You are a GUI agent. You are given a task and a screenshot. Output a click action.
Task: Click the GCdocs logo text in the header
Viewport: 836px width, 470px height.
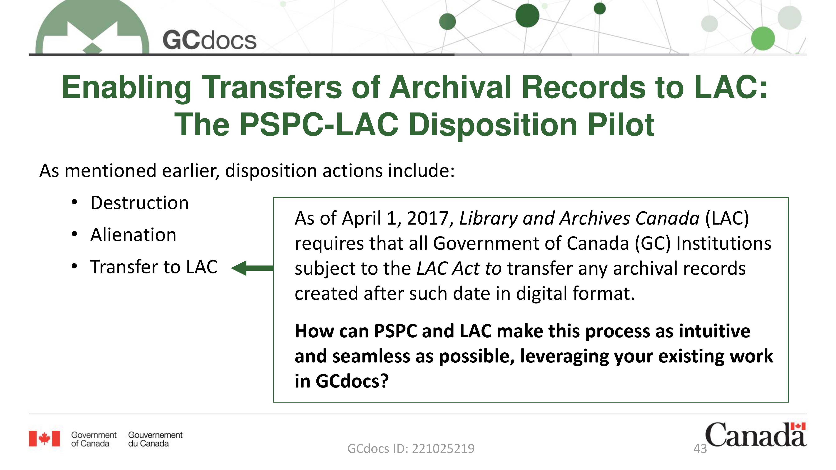point(209,41)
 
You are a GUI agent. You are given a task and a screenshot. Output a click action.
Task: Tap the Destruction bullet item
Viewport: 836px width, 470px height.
point(139,203)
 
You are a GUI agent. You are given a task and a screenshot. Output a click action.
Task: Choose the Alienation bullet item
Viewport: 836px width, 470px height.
point(133,235)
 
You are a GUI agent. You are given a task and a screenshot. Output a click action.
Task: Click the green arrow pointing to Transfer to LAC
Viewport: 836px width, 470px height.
point(252,268)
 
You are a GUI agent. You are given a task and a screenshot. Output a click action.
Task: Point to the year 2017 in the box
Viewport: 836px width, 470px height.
point(428,218)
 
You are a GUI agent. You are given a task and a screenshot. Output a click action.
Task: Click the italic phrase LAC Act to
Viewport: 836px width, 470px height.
point(459,269)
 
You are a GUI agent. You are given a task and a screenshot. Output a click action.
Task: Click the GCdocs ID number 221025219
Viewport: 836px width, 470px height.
point(443,449)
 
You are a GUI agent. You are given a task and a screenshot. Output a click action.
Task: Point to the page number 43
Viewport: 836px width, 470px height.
point(700,449)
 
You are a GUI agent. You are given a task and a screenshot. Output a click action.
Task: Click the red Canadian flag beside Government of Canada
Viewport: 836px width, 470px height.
point(45,439)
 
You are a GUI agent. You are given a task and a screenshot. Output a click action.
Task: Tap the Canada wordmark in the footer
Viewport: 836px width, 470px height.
point(756,435)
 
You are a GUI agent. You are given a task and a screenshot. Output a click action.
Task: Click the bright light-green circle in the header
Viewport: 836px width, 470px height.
point(763,39)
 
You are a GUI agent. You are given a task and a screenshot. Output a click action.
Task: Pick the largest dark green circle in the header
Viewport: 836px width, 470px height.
point(527,15)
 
